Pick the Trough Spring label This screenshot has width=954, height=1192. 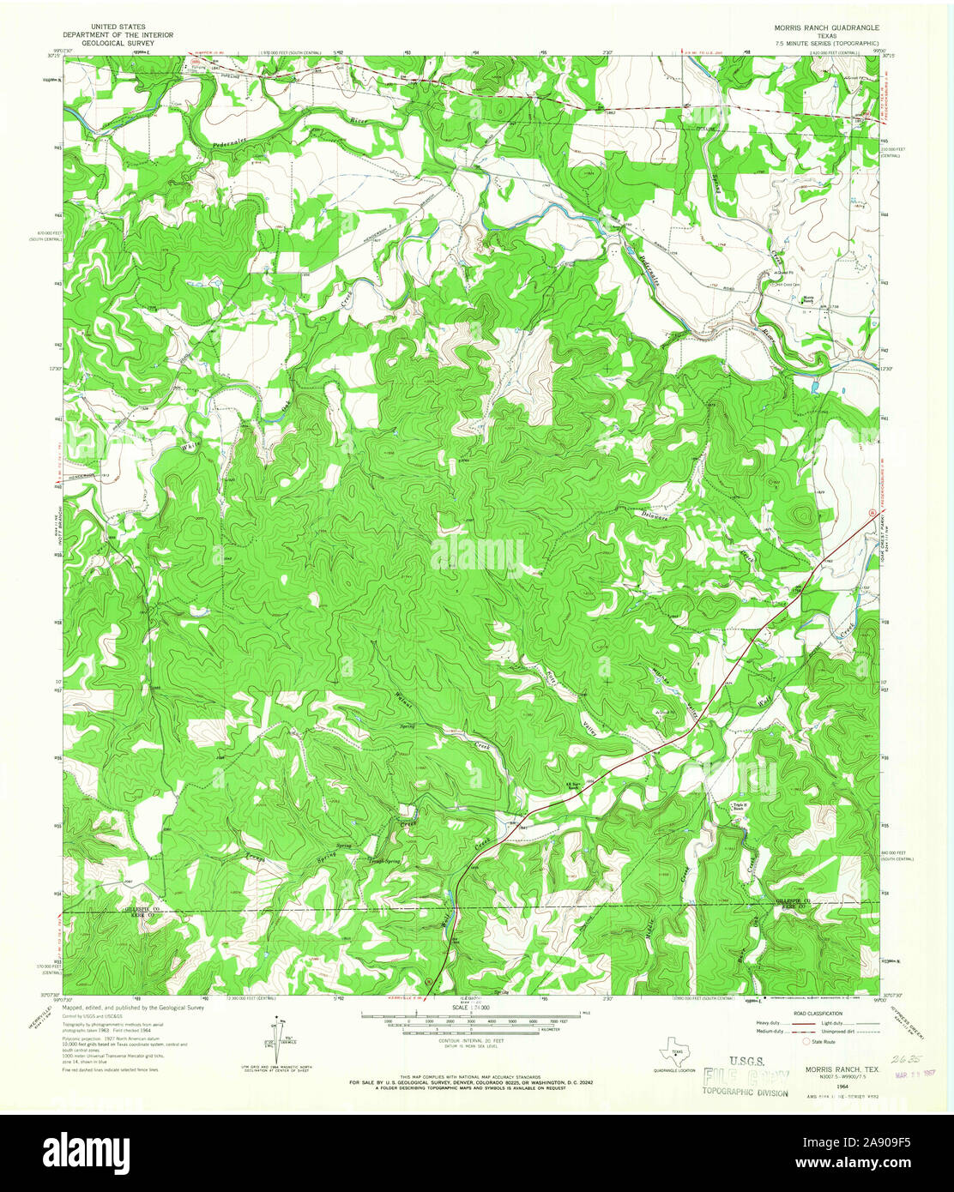(383, 861)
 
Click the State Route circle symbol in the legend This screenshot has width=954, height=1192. (805, 1042)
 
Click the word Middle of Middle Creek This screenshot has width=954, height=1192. (649, 930)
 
